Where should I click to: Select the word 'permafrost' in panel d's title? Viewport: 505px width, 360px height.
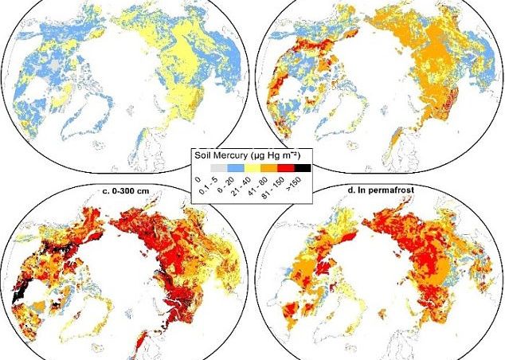click(396, 189)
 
